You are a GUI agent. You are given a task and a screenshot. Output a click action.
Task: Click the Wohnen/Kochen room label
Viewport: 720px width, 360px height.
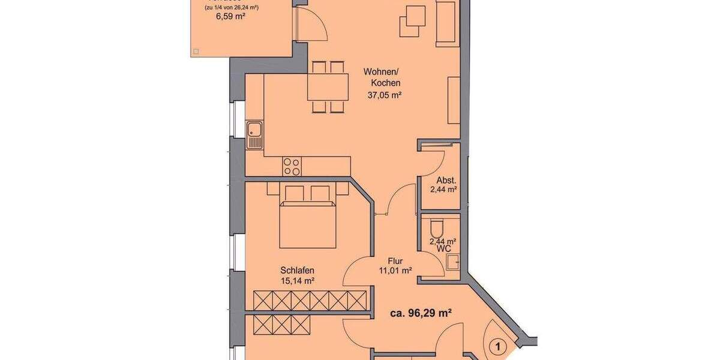[x=382, y=77]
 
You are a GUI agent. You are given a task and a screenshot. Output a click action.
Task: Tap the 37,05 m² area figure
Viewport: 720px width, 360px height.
[x=385, y=95]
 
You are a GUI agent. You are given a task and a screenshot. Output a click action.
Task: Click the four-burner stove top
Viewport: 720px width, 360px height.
[x=292, y=166]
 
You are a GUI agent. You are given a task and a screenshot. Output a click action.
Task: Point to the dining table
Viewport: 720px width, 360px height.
[x=328, y=87]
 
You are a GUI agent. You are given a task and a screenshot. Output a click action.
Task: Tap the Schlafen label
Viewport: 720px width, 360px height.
[x=297, y=269]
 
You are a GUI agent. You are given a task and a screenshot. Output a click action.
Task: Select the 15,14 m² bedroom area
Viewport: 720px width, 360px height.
[x=297, y=280]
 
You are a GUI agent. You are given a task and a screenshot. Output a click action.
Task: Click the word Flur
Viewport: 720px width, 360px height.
[x=395, y=261]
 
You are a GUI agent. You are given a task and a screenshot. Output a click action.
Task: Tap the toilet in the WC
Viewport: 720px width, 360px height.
[x=437, y=227]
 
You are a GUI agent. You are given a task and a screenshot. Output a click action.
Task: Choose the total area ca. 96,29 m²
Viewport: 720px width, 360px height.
[x=421, y=313]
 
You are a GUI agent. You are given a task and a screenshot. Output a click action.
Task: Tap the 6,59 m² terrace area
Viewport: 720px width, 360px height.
[x=231, y=17]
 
